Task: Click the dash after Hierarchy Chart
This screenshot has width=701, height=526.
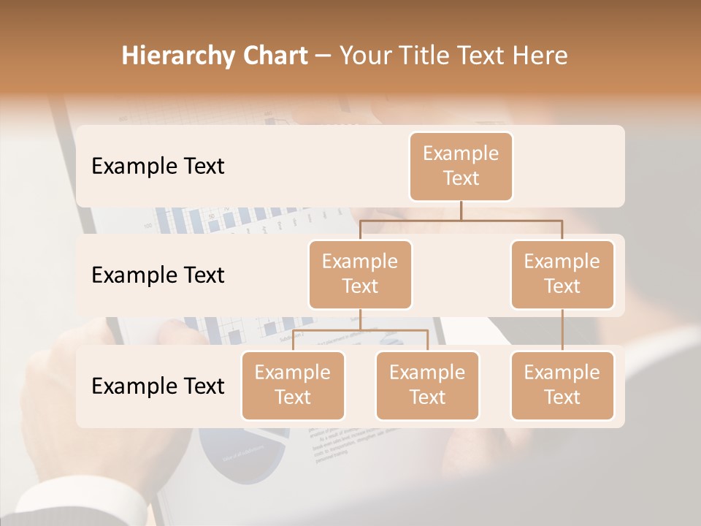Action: tap(323, 57)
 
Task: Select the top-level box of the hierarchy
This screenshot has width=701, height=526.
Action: tap(461, 166)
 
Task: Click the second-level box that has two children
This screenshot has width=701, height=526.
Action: tap(360, 274)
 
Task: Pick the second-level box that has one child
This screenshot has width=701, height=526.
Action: tap(562, 274)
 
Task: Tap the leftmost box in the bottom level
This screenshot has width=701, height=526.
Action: tap(293, 385)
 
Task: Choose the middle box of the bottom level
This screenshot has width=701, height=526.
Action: tap(427, 385)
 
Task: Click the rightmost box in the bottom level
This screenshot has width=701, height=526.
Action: tap(562, 385)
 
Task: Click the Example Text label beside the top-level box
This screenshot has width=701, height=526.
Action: tap(158, 167)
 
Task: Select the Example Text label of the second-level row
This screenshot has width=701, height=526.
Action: tap(158, 275)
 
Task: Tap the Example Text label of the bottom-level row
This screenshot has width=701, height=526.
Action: tap(158, 386)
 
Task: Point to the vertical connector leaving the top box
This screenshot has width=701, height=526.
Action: tap(461, 210)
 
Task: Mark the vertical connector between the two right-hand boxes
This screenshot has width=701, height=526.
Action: tap(562, 330)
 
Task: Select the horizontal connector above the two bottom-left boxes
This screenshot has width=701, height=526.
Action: tap(360, 330)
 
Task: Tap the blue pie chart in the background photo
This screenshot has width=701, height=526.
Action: tap(241, 457)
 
